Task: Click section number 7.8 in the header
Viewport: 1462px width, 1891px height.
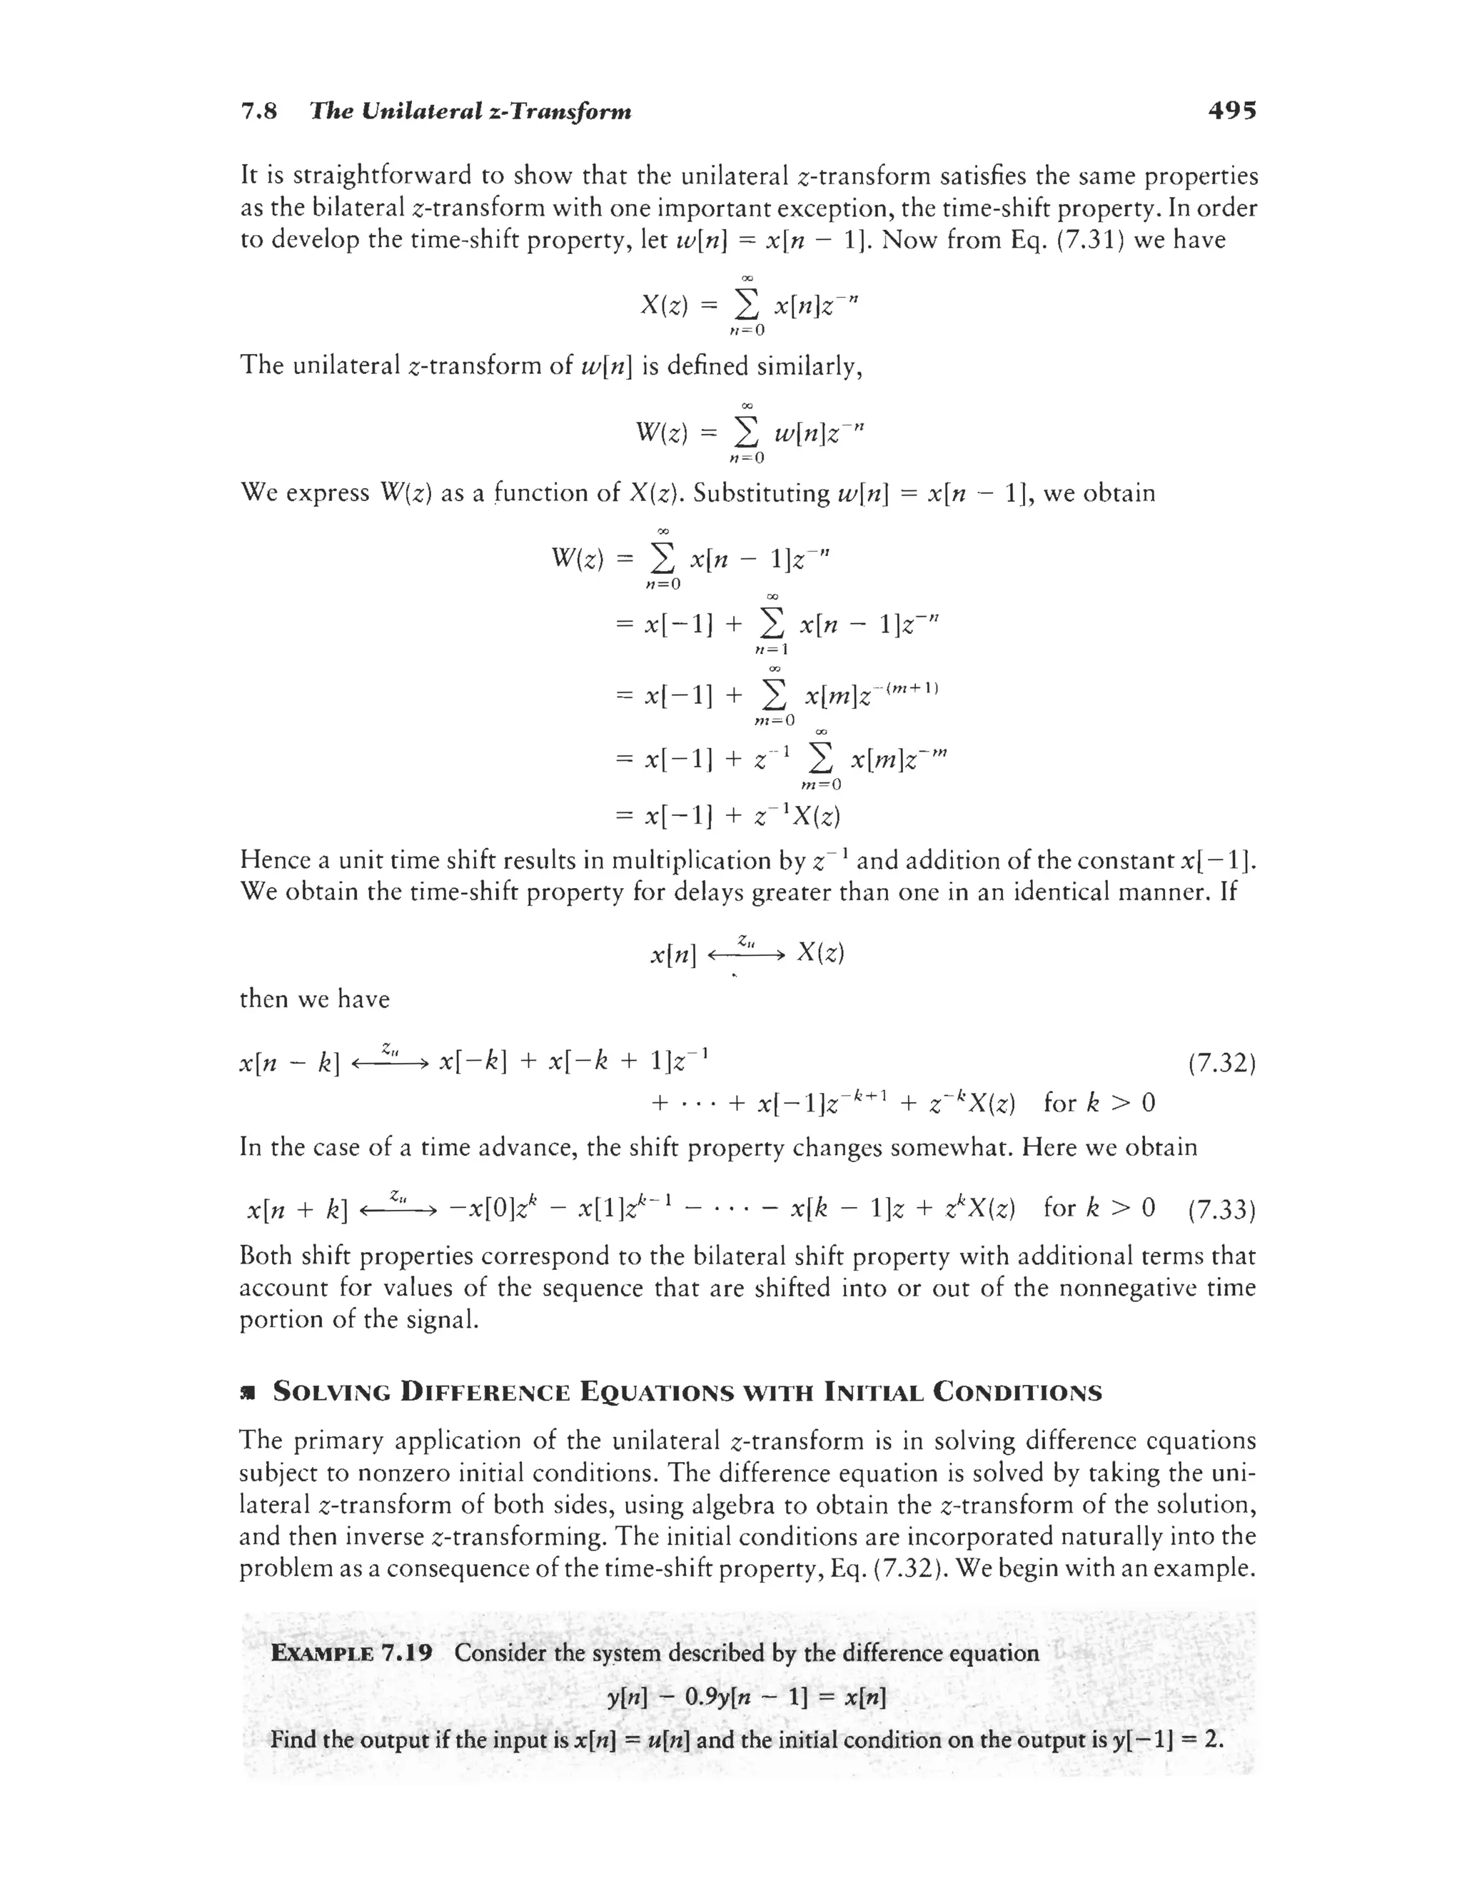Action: tap(258, 111)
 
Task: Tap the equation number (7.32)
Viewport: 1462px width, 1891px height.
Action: tap(1221, 1062)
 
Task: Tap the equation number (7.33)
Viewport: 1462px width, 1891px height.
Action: tap(1221, 1209)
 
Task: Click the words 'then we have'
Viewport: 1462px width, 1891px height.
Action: tap(314, 999)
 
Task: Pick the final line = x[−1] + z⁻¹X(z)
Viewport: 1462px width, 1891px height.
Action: tap(730, 816)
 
